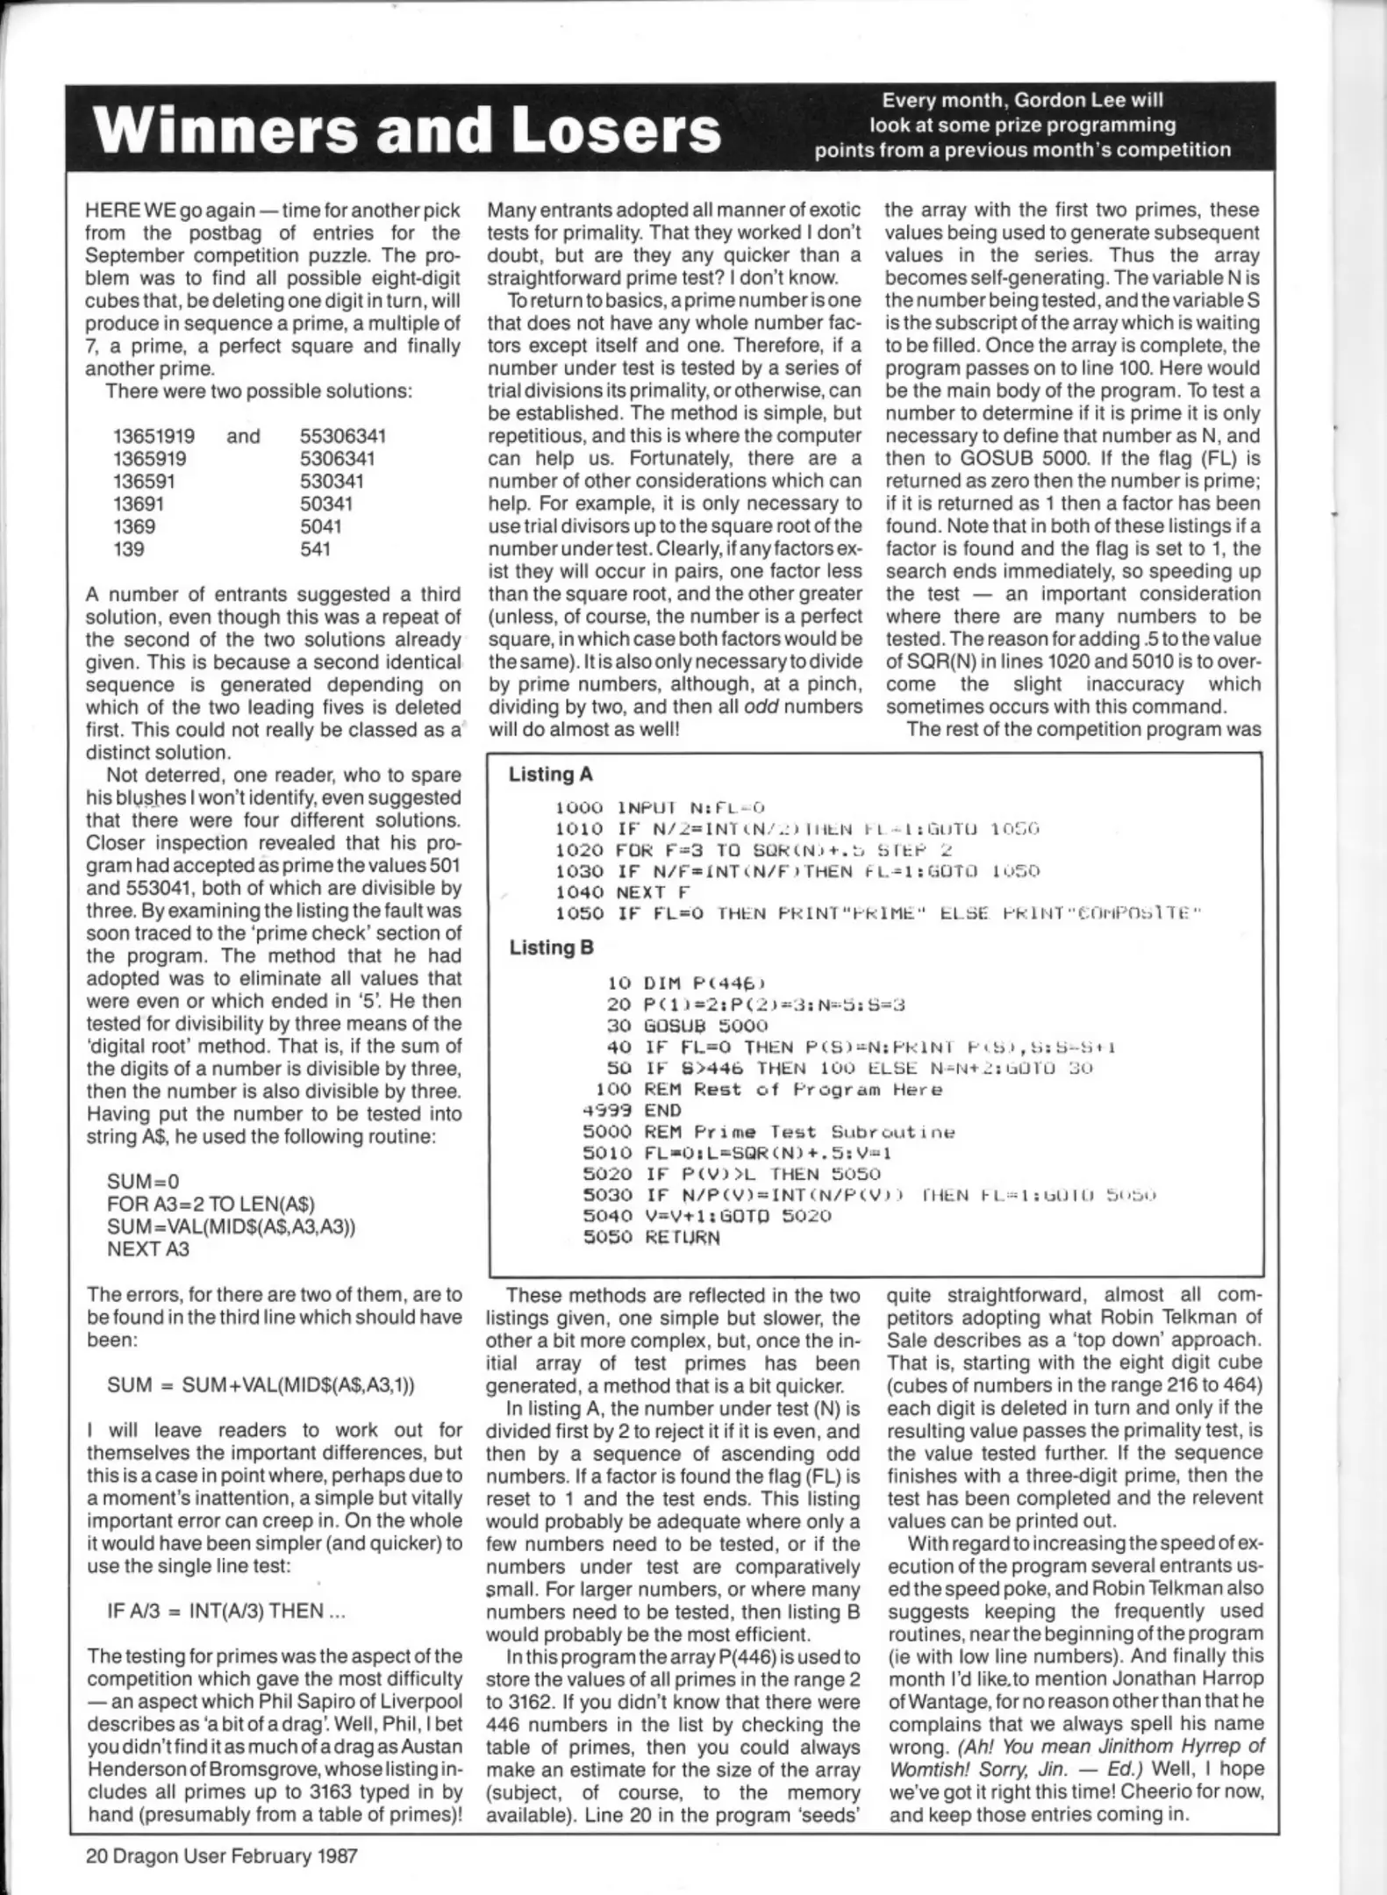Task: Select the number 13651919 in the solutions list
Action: (154, 436)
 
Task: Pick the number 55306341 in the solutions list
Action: (342, 436)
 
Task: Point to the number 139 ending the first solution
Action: (129, 549)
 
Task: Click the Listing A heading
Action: (550, 774)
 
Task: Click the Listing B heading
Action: (551, 947)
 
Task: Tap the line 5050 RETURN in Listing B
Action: (652, 1237)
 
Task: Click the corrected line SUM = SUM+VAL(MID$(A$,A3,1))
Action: (261, 1384)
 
